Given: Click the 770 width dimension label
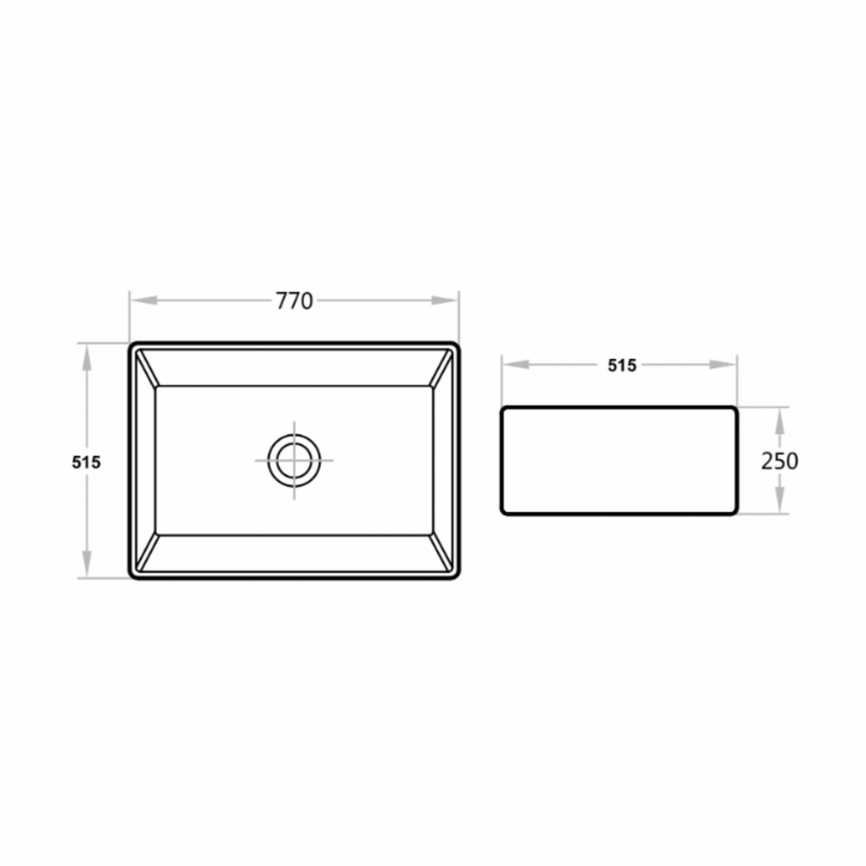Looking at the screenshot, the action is tap(294, 301).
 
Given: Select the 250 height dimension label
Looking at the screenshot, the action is tap(779, 461).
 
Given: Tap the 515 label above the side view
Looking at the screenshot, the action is tap(622, 366).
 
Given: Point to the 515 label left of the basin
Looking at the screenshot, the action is tap(87, 462).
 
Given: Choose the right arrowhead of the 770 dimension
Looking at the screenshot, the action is tap(444, 300).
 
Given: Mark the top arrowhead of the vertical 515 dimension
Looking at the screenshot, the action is tap(87, 358).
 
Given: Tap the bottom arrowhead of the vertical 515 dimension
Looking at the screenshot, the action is tap(87, 563).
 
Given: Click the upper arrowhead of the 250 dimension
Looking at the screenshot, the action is tap(780, 421).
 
